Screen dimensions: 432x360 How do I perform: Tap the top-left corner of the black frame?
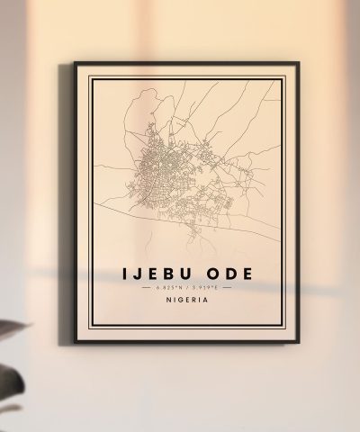(x=75, y=63)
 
